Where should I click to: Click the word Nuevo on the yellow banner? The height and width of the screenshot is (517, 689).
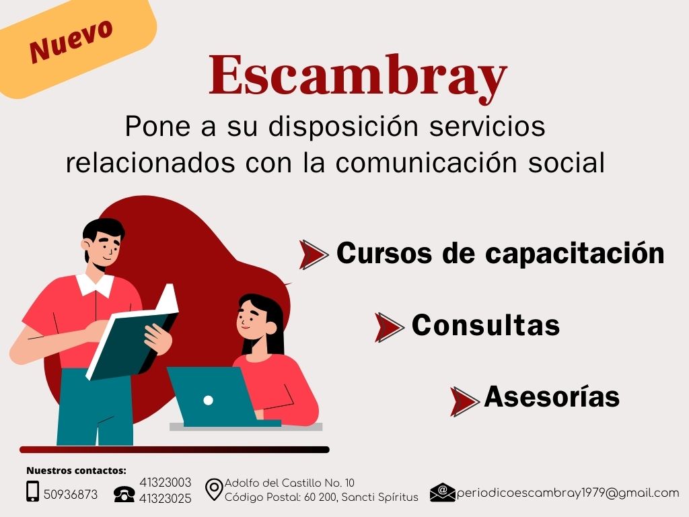coord(70,42)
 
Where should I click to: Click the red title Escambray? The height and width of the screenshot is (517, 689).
coord(357,76)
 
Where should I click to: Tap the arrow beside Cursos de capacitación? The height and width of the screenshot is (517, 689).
coord(313,254)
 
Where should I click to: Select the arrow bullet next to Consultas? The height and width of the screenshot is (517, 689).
coord(388,326)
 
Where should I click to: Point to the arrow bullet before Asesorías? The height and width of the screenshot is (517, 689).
coord(464,401)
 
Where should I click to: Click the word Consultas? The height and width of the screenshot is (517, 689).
coord(485,326)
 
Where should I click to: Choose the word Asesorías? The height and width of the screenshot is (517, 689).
coord(552,397)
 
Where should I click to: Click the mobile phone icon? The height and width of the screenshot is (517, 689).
coord(32,492)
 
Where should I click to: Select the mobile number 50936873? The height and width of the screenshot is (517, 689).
coord(71,495)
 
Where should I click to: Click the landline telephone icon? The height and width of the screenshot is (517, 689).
coord(124,494)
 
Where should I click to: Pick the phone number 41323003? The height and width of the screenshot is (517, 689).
coord(166,483)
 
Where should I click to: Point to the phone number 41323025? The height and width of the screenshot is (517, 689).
coord(166,499)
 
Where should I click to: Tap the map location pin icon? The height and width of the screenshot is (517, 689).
coord(213,490)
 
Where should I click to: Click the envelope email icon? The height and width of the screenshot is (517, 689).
coord(442,493)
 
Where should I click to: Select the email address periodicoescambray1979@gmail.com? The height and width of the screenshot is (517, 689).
coord(568,493)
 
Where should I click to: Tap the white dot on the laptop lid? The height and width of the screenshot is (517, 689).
coord(208,400)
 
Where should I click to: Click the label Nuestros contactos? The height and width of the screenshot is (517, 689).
coord(76,471)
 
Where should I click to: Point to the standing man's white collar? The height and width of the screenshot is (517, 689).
coord(94,284)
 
